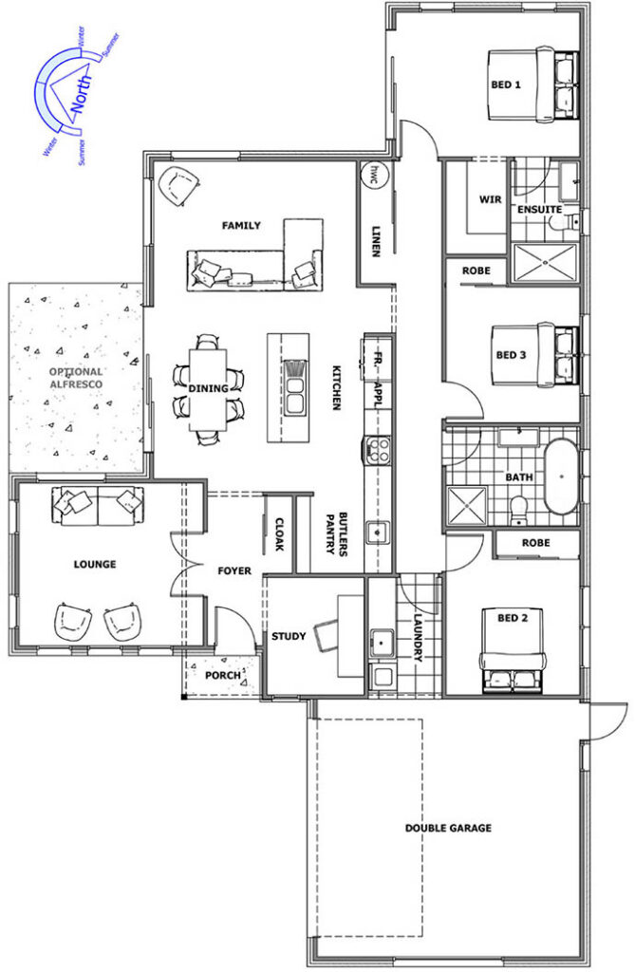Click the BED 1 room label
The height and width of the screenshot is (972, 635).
505,84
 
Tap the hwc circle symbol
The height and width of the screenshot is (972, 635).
375,174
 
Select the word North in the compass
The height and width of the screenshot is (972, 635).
82,94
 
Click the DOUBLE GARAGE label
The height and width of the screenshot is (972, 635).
448,828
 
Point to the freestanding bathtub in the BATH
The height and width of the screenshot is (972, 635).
561,477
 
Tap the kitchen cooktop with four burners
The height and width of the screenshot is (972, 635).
377,449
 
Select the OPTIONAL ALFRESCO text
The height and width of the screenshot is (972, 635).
76,378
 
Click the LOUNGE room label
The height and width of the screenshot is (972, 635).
95,564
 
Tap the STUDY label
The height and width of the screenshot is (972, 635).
289,636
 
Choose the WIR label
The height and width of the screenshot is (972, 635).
490,199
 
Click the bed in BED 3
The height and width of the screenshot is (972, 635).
534,355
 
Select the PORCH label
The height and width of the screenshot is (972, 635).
223,675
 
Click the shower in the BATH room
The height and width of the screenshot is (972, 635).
468,507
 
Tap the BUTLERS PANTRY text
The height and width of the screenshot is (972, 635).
337,533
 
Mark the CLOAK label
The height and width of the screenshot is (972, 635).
280,534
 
